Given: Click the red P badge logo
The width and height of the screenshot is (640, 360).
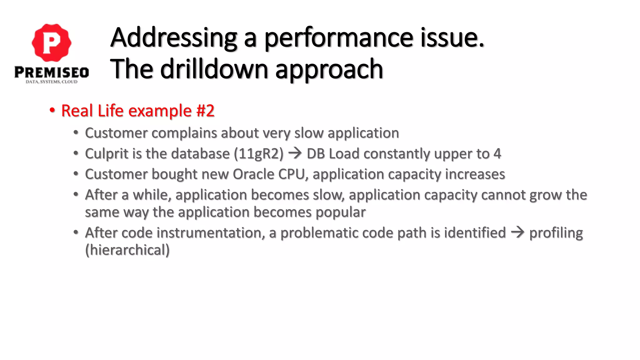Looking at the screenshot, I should pos(52,42).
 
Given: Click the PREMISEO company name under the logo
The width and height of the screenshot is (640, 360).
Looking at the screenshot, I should pos(52,72).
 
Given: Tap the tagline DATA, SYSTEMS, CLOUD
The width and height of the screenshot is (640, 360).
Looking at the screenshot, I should pos(52,82).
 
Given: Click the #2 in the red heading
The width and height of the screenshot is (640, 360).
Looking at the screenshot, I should pos(205,111).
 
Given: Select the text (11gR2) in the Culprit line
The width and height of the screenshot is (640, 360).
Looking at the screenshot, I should pos(259,154).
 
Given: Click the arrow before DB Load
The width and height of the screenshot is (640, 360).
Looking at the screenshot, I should pos(295,153).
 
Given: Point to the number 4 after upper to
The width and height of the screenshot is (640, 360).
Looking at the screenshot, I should pos(497,154).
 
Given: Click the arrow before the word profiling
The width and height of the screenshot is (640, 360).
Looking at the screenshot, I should pos(517,232).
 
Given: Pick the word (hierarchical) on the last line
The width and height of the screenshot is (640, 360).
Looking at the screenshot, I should pos(127,250).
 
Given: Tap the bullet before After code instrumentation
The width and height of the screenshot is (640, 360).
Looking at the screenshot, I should pos(76,232).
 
